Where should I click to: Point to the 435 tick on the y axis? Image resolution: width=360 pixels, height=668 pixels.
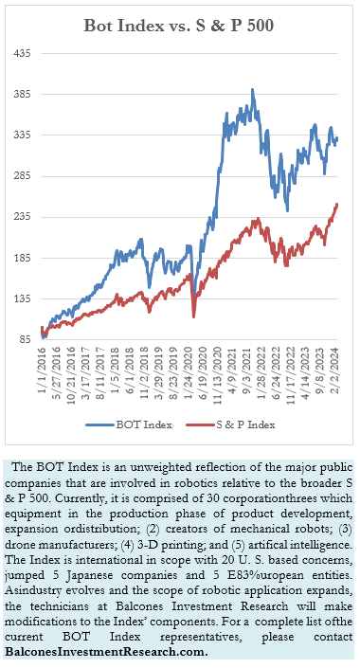pyautogui.click(x=22, y=54)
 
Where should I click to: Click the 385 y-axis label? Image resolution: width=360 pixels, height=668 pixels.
pyautogui.click(x=22, y=95)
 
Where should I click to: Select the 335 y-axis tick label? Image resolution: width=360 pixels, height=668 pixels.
pyautogui.click(x=22, y=135)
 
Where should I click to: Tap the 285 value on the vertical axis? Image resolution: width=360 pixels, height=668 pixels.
pyautogui.click(x=22, y=176)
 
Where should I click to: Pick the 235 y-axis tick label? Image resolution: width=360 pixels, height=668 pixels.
pyautogui.click(x=22, y=217)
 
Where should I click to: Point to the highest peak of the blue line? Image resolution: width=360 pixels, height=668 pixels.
pyautogui.click(x=252, y=90)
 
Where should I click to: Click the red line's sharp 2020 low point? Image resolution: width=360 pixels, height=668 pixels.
pyautogui.click(x=193, y=316)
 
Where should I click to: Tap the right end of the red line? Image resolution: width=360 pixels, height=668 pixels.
pyautogui.click(x=337, y=204)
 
